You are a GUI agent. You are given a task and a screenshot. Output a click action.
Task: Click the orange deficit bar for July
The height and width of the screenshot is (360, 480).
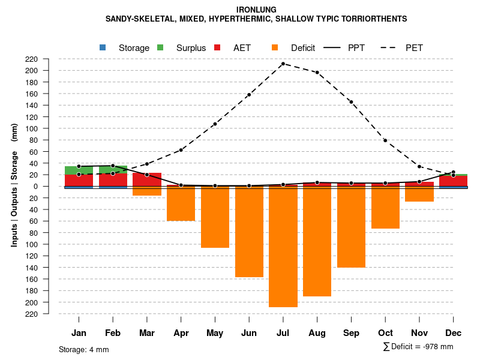coord(283,246)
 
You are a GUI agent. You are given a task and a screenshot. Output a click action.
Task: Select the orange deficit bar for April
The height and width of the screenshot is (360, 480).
coord(181,203)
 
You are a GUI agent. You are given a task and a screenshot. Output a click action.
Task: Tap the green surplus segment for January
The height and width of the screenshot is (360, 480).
coord(79,170)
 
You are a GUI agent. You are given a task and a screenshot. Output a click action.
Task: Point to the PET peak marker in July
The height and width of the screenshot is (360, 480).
coord(283,64)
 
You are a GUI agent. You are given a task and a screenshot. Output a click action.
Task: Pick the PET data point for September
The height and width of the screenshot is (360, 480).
coord(351,102)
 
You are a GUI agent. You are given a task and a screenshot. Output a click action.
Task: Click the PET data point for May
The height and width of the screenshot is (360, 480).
coord(215,124)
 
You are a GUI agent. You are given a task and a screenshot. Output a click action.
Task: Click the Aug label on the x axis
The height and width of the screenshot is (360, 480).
coord(317,333)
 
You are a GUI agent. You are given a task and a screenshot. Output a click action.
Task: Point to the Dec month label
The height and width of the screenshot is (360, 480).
coord(454,333)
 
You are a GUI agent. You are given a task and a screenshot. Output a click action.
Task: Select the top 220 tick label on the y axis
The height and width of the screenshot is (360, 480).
coord(49,59)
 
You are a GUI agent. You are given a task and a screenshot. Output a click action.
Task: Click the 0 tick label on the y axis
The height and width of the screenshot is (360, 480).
coord(52,186)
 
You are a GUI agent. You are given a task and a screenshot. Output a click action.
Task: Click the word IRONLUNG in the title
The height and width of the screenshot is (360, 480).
coord(256,10)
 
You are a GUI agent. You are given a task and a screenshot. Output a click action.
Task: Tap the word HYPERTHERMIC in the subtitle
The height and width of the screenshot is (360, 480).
coord(238,19)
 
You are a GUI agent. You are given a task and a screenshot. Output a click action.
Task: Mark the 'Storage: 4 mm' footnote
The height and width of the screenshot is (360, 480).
coord(84,349)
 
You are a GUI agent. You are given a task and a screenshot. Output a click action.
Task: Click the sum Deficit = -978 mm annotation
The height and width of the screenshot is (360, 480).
coord(418,347)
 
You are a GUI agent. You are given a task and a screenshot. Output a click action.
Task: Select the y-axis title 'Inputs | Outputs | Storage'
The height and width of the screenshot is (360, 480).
coord(14,186)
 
